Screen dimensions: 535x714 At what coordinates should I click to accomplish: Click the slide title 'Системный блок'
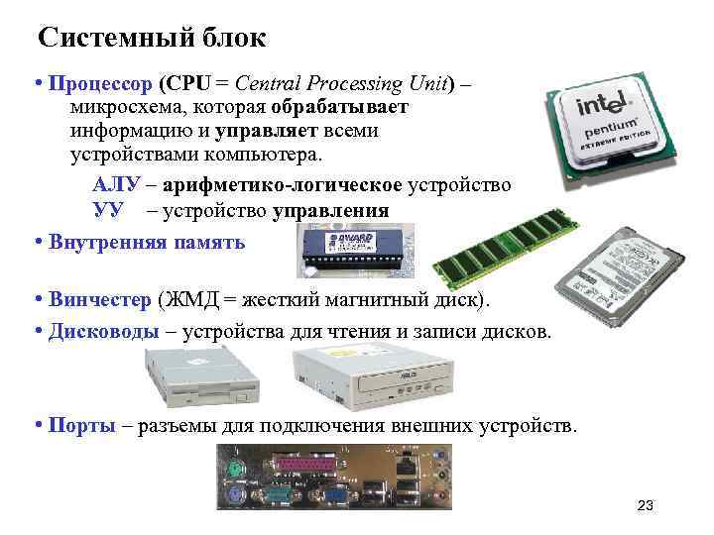pyautogui.click(x=152, y=39)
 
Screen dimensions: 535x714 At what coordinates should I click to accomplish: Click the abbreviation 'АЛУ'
pyautogui.click(x=117, y=185)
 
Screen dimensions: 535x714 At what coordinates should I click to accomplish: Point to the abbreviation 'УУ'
pyautogui.click(x=109, y=211)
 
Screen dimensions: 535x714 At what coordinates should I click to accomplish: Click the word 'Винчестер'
pyautogui.click(x=100, y=300)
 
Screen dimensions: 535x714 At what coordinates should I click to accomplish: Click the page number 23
pyautogui.click(x=646, y=507)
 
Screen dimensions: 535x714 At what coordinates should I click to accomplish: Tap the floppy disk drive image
pyautogui.click(x=192, y=381)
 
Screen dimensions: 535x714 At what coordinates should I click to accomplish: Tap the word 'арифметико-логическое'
pyautogui.click(x=282, y=185)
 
